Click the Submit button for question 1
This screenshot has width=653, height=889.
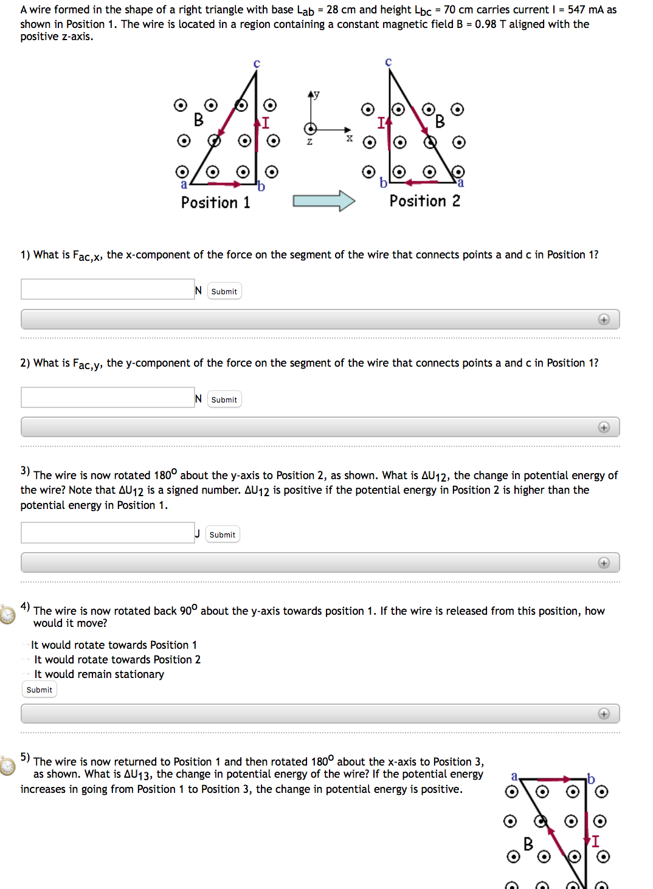224,291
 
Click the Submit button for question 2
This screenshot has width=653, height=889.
224,400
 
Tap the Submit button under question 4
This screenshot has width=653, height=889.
40,690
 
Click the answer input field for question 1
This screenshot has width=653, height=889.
108,289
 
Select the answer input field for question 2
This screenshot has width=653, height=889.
108,398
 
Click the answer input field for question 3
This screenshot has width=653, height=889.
108,533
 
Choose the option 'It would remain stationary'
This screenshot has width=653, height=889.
26,674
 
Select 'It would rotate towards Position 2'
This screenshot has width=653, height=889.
26,660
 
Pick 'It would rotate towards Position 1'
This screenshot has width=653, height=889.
26,645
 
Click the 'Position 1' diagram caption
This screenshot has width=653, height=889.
215,202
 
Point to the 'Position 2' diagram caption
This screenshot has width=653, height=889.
424,201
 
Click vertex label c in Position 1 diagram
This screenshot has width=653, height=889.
257,64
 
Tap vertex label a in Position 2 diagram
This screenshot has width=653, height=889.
460,183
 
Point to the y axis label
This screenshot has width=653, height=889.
316,95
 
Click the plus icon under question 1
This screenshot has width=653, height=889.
603,320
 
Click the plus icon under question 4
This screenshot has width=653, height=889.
603,714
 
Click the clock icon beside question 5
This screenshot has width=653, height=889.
7,766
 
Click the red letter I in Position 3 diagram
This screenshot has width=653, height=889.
595,842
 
